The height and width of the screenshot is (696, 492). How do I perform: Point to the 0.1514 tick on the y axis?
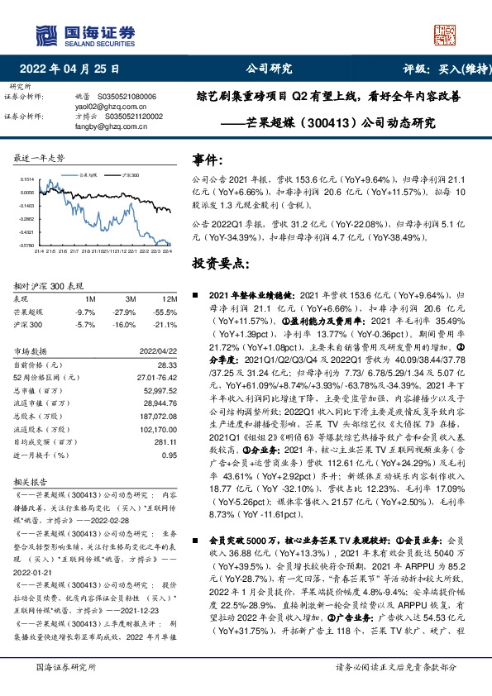click(x=27, y=179)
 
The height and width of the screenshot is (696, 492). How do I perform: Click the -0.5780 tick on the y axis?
click(x=26, y=246)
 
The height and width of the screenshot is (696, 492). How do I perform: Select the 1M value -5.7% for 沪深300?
click(x=85, y=325)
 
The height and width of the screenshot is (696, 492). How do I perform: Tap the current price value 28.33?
click(x=169, y=365)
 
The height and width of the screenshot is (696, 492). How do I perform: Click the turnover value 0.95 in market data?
click(x=170, y=455)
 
